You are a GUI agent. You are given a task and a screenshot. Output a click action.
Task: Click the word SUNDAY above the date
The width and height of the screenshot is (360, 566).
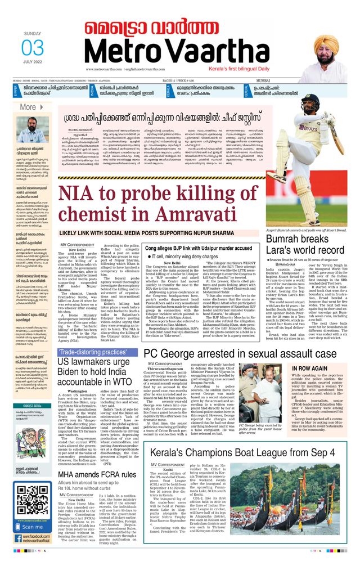33,33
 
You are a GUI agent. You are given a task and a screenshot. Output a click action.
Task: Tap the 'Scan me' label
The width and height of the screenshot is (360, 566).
32,527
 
